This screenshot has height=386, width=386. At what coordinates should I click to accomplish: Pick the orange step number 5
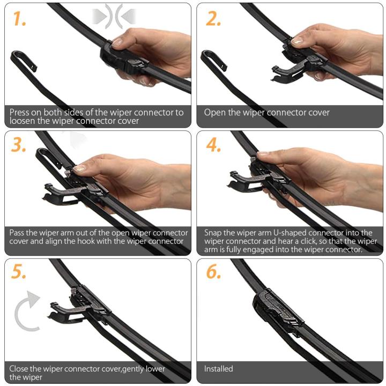click(x=19, y=272)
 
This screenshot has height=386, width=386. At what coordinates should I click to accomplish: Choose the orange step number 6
click(x=214, y=272)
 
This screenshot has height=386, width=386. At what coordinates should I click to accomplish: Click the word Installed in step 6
click(x=219, y=369)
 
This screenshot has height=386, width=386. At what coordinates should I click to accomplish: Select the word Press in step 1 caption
click(x=20, y=113)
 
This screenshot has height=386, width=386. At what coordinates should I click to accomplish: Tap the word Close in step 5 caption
click(x=20, y=369)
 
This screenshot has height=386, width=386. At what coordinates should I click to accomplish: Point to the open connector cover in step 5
click(x=63, y=311)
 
